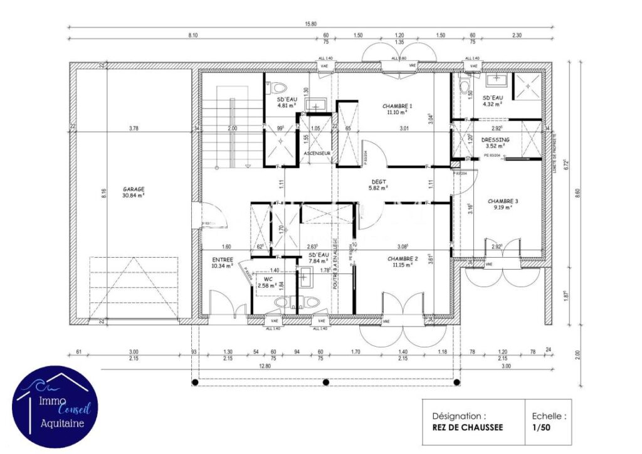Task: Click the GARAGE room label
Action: (134, 189)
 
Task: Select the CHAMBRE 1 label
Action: (397, 106)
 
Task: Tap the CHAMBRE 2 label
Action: (402, 258)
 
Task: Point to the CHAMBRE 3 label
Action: (503, 201)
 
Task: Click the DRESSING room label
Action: (495, 140)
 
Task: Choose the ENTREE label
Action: (223, 259)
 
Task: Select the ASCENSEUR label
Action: (317, 153)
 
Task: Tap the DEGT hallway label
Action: (378, 181)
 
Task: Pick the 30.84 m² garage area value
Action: (134, 196)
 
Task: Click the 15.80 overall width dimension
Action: (311, 24)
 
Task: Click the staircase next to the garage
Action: (231, 125)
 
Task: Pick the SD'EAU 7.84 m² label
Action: (319, 258)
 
